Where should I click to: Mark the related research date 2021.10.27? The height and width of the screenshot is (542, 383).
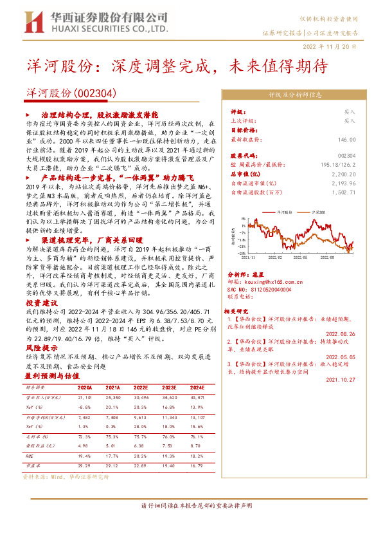(341, 380)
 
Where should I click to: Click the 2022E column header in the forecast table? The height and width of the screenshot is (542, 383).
(141, 388)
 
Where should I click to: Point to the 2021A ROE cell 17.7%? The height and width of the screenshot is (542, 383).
(113, 456)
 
